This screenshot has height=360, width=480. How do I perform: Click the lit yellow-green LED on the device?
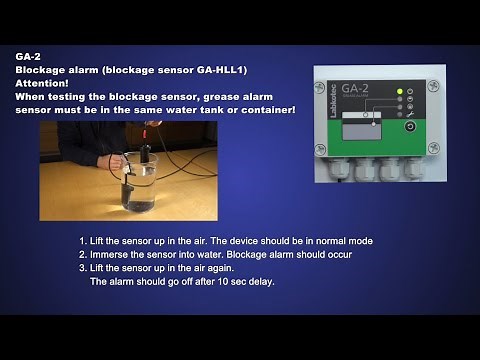click(x=400, y=92)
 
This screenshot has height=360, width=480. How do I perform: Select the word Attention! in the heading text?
click(x=42, y=84)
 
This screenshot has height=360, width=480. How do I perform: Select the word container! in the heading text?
click(x=264, y=110)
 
